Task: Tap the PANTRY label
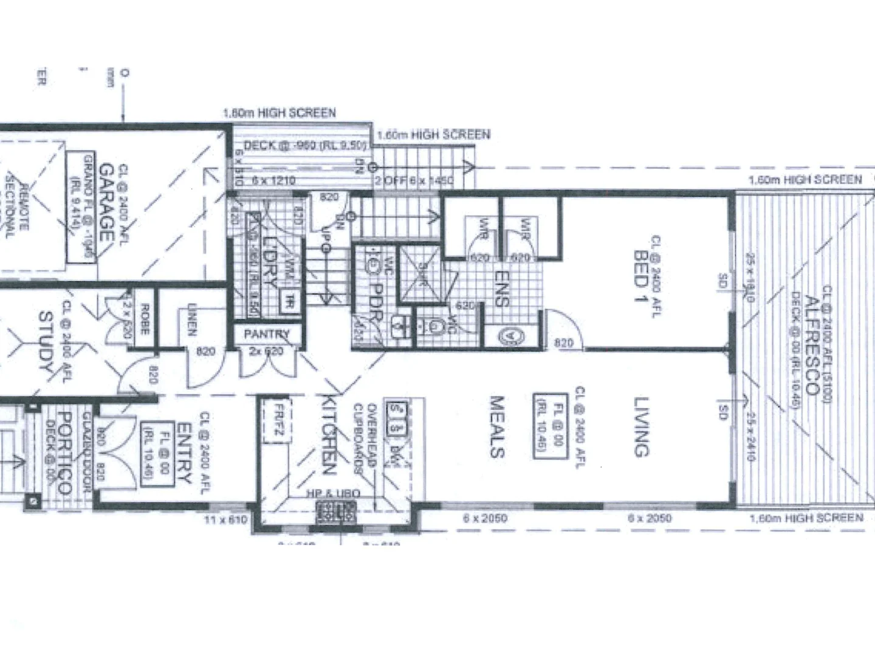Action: [x=267, y=334]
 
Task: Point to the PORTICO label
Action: [x=67, y=453]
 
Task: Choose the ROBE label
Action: [x=145, y=319]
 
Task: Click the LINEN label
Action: [x=192, y=319]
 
